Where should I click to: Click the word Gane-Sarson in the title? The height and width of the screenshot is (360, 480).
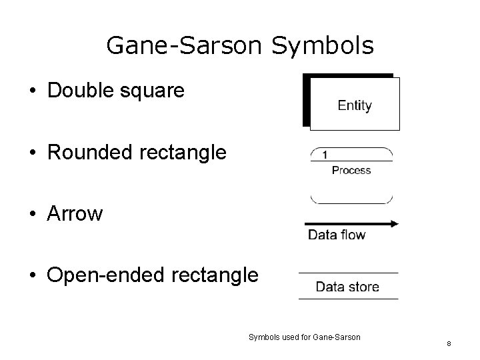[x=185, y=45]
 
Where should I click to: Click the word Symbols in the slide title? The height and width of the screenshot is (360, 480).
[x=323, y=45]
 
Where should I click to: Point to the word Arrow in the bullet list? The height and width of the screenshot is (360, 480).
[x=75, y=214]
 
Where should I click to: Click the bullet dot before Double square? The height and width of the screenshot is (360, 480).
[x=33, y=92]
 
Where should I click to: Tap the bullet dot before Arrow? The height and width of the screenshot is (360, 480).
[x=33, y=215]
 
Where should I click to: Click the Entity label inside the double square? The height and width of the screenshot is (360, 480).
[x=355, y=105]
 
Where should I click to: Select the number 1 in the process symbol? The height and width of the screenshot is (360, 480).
[x=325, y=155]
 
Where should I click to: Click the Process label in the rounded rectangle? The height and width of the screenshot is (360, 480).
[x=351, y=171]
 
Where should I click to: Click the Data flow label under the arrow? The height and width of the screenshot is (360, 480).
[x=337, y=235]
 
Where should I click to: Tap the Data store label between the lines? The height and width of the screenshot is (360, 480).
[x=347, y=287]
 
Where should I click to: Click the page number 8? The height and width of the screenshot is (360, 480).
[x=449, y=343]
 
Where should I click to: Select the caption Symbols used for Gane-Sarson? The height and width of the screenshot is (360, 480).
[x=304, y=337]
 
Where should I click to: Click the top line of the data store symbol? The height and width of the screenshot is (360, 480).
[x=348, y=273]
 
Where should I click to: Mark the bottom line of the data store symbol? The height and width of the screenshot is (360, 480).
[x=348, y=299]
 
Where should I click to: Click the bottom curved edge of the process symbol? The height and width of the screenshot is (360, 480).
[x=351, y=202]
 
